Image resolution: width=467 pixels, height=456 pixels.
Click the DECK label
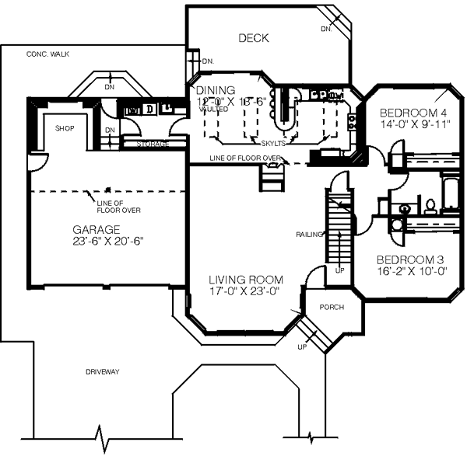(254, 37)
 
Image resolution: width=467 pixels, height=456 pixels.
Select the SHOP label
(65, 128)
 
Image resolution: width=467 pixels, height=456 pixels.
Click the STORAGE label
(153, 144)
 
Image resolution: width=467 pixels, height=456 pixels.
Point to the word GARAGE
(97, 230)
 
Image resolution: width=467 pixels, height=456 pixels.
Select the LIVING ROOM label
(245, 280)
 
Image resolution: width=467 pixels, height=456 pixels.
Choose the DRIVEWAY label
(103, 372)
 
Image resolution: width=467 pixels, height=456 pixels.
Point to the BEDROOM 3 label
(410, 260)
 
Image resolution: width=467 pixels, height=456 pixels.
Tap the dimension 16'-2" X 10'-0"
(411, 272)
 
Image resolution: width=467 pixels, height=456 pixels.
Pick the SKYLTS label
(273, 144)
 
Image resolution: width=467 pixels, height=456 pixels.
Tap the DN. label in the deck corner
(325, 30)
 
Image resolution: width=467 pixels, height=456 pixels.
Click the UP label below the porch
(302, 346)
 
